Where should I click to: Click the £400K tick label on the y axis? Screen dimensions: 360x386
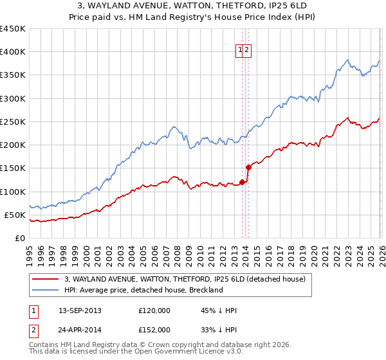click(13, 52)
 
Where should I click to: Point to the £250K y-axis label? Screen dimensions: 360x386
click(13, 122)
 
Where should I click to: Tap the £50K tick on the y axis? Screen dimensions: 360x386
click(15, 215)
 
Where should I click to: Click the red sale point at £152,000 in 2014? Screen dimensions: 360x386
click(248, 167)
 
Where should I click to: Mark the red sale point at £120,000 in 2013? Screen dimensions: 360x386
click(242, 182)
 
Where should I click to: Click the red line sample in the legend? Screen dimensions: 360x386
click(46, 279)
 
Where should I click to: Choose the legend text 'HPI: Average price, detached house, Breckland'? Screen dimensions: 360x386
click(143, 290)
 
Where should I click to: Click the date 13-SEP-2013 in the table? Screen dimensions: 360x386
click(80, 310)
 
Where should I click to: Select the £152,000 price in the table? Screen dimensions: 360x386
click(154, 330)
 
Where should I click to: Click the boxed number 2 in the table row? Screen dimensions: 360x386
click(33, 330)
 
